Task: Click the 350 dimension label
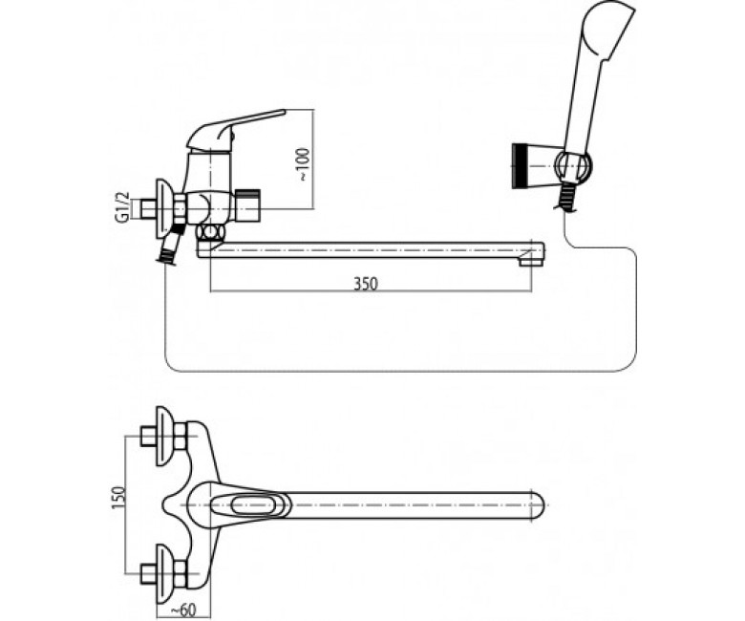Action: coord(366,284)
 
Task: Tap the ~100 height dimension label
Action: coord(303,164)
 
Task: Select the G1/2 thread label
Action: coord(121,207)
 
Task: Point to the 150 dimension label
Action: coord(119,498)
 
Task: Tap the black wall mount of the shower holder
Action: coord(519,166)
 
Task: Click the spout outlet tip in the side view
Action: coord(531,261)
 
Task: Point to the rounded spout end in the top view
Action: coord(537,504)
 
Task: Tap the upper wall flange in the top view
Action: coord(164,437)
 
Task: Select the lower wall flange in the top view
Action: coord(164,574)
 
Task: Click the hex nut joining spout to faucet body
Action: coord(210,233)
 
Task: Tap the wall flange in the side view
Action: coord(164,208)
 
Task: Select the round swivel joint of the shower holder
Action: coord(573,166)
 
